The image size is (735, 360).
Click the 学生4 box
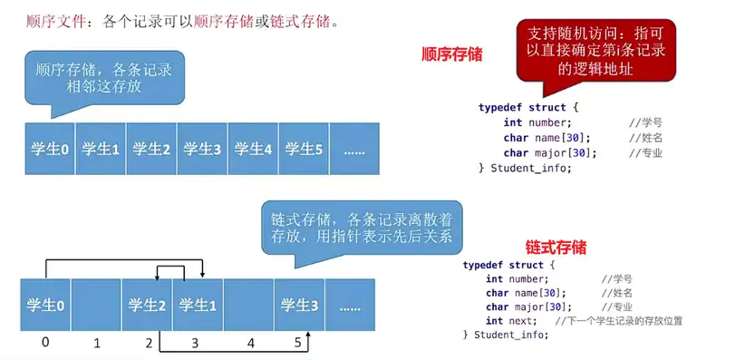tap(253, 149)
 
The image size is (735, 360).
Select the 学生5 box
tap(304, 149)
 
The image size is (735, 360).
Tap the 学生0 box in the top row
tap(50, 149)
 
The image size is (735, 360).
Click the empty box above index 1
tap(96, 306)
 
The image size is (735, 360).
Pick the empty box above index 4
tap(248, 306)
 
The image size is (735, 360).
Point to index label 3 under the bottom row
tap(195, 344)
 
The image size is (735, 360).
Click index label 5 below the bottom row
tap(298, 343)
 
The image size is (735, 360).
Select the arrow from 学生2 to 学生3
tap(234, 351)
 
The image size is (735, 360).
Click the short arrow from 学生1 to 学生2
tap(170, 266)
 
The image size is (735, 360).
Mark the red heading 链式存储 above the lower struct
tap(556, 247)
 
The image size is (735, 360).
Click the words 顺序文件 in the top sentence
tap(56, 22)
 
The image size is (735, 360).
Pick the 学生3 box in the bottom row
tap(299, 306)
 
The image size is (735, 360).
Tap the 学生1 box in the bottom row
tap(198, 306)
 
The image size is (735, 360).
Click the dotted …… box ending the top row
tap(354, 149)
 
